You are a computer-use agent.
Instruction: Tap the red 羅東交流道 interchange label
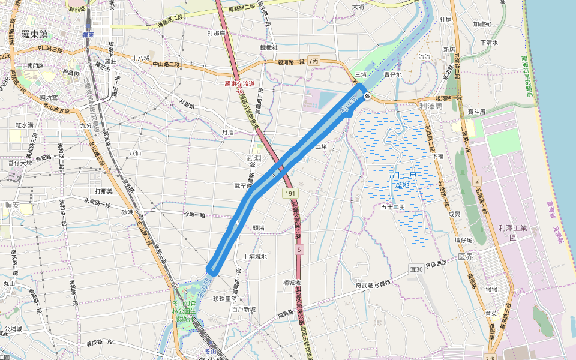pyautogui.click(x=239, y=84)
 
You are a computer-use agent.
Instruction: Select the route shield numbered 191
pyautogui.click(x=290, y=194)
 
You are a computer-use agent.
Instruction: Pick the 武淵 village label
pyautogui.click(x=254, y=158)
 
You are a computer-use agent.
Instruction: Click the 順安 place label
pyautogui.click(x=11, y=205)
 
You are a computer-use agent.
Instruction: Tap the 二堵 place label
pyautogui.click(x=321, y=146)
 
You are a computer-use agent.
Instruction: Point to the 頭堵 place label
pyautogui.click(x=259, y=228)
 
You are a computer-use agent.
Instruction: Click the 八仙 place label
pyautogui.click(x=135, y=154)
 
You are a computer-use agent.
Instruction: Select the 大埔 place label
pyautogui.click(x=358, y=7)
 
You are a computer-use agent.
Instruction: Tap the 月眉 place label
pyautogui.click(x=227, y=132)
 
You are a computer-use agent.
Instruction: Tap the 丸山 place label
pyautogui.click(x=9, y=284)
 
